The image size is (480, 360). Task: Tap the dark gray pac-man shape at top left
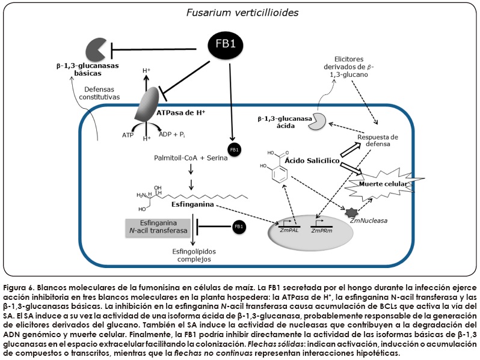[x=96, y=49]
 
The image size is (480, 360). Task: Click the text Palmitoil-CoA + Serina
[x=189, y=157]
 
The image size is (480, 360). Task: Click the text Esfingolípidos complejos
[x=194, y=255]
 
